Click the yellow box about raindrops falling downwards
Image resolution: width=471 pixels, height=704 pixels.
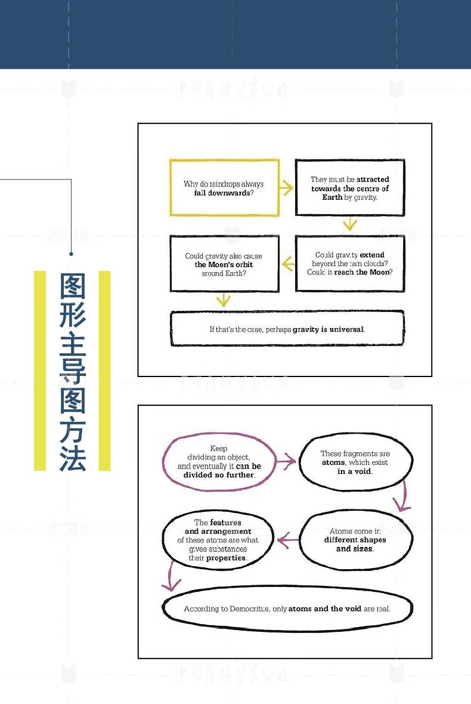pyautogui.click(x=224, y=187)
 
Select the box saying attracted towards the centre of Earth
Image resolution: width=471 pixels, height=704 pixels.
pyautogui.click(x=350, y=187)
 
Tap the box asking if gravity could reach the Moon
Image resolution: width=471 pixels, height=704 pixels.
pyautogui.click(x=350, y=263)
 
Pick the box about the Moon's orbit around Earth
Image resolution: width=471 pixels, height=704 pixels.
pyautogui.click(x=224, y=263)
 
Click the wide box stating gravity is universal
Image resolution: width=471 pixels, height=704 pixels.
pyautogui.click(x=287, y=328)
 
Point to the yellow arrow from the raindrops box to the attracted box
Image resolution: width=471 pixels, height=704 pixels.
pyautogui.click(x=287, y=188)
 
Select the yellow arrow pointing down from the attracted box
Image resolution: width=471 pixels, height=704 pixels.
pyautogui.click(x=350, y=224)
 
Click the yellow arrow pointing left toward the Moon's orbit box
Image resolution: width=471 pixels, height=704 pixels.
pyautogui.click(x=287, y=263)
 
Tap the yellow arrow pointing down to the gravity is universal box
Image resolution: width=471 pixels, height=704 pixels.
pyautogui.click(x=224, y=299)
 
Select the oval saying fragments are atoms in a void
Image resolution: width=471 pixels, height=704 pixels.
pyautogui.click(x=355, y=462)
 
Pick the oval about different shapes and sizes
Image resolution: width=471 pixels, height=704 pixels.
pyautogui.click(x=355, y=539)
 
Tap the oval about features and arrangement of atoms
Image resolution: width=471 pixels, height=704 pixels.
pyautogui.click(x=218, y=540)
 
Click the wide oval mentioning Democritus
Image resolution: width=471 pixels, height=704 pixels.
pyautogui.click(x=287, y=609)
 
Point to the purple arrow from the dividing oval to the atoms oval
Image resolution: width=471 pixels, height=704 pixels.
pyautogui.click(x=287, y=461)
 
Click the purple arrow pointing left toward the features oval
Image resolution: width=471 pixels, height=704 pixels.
pyautogui.click(x=288, y=540)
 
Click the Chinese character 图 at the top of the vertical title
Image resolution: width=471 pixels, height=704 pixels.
pyautogui.click(x=73, y=287)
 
